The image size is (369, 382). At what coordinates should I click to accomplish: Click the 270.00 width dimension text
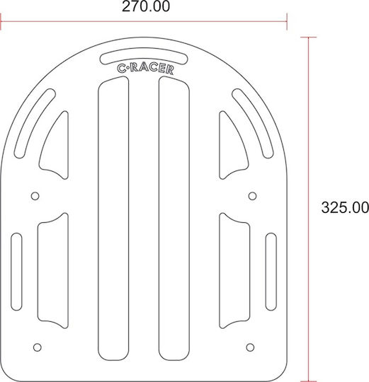(146, 6)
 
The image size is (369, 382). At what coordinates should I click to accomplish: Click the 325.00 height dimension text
(345, 208)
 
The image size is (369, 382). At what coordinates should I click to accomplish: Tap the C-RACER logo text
(146, 69)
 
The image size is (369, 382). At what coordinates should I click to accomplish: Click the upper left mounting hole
(35, 196)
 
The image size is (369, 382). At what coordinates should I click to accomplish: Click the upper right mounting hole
(252, 196)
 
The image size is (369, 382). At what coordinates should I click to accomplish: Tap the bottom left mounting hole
(38, 347)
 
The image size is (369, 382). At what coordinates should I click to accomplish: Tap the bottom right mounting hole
(250, 347)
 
